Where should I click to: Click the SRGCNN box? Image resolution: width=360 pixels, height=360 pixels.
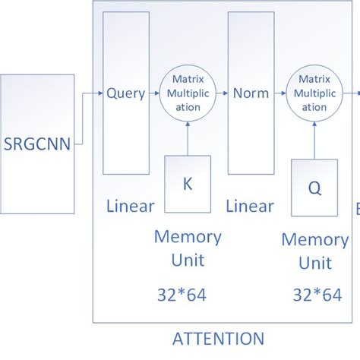click(x=37, y=143)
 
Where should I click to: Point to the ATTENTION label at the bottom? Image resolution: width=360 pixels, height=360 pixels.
click(x=219, y=339)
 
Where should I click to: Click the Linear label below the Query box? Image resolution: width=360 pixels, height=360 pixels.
click(x=130, y=206)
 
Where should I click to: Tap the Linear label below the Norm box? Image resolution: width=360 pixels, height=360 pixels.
click(x=250, y=206)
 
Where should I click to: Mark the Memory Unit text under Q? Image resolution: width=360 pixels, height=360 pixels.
click(x=314, y=251)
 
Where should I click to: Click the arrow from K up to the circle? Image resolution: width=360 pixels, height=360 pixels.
click(x=188, y=137)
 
